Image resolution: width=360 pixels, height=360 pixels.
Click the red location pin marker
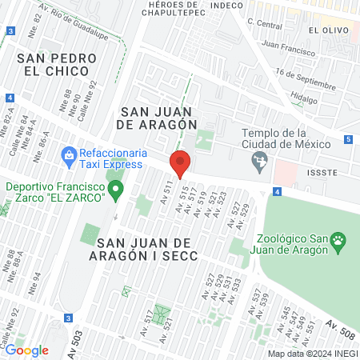180,162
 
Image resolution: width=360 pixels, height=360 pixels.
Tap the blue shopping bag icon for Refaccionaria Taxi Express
69,153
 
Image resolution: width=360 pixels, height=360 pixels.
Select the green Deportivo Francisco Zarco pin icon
117,190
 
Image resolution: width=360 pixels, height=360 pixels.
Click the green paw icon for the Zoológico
339,239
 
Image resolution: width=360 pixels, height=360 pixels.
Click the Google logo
26,350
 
